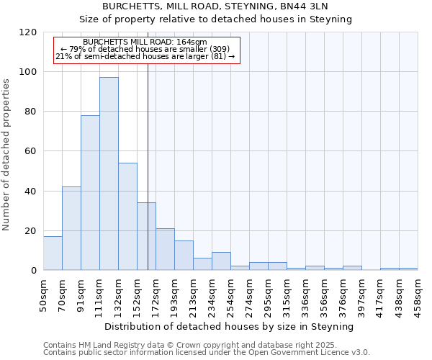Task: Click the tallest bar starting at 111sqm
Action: click(109, 174)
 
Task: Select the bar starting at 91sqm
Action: click(90, 193)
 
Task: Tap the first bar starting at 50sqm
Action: click(53, 253)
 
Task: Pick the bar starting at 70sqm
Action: click(71, 228)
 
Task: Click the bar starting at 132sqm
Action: click(127, 217)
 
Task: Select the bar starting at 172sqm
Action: click(165, 249)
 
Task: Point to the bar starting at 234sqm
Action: click(221, 261)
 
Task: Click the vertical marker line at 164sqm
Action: click(148, 144)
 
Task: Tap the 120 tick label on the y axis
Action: click(28, 32)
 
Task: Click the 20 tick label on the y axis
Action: click(31, 231)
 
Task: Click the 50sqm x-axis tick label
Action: click(43, 294)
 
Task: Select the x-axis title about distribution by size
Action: click(229, 327)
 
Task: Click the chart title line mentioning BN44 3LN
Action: click(215, 6)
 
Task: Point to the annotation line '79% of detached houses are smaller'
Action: click(145, 49)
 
